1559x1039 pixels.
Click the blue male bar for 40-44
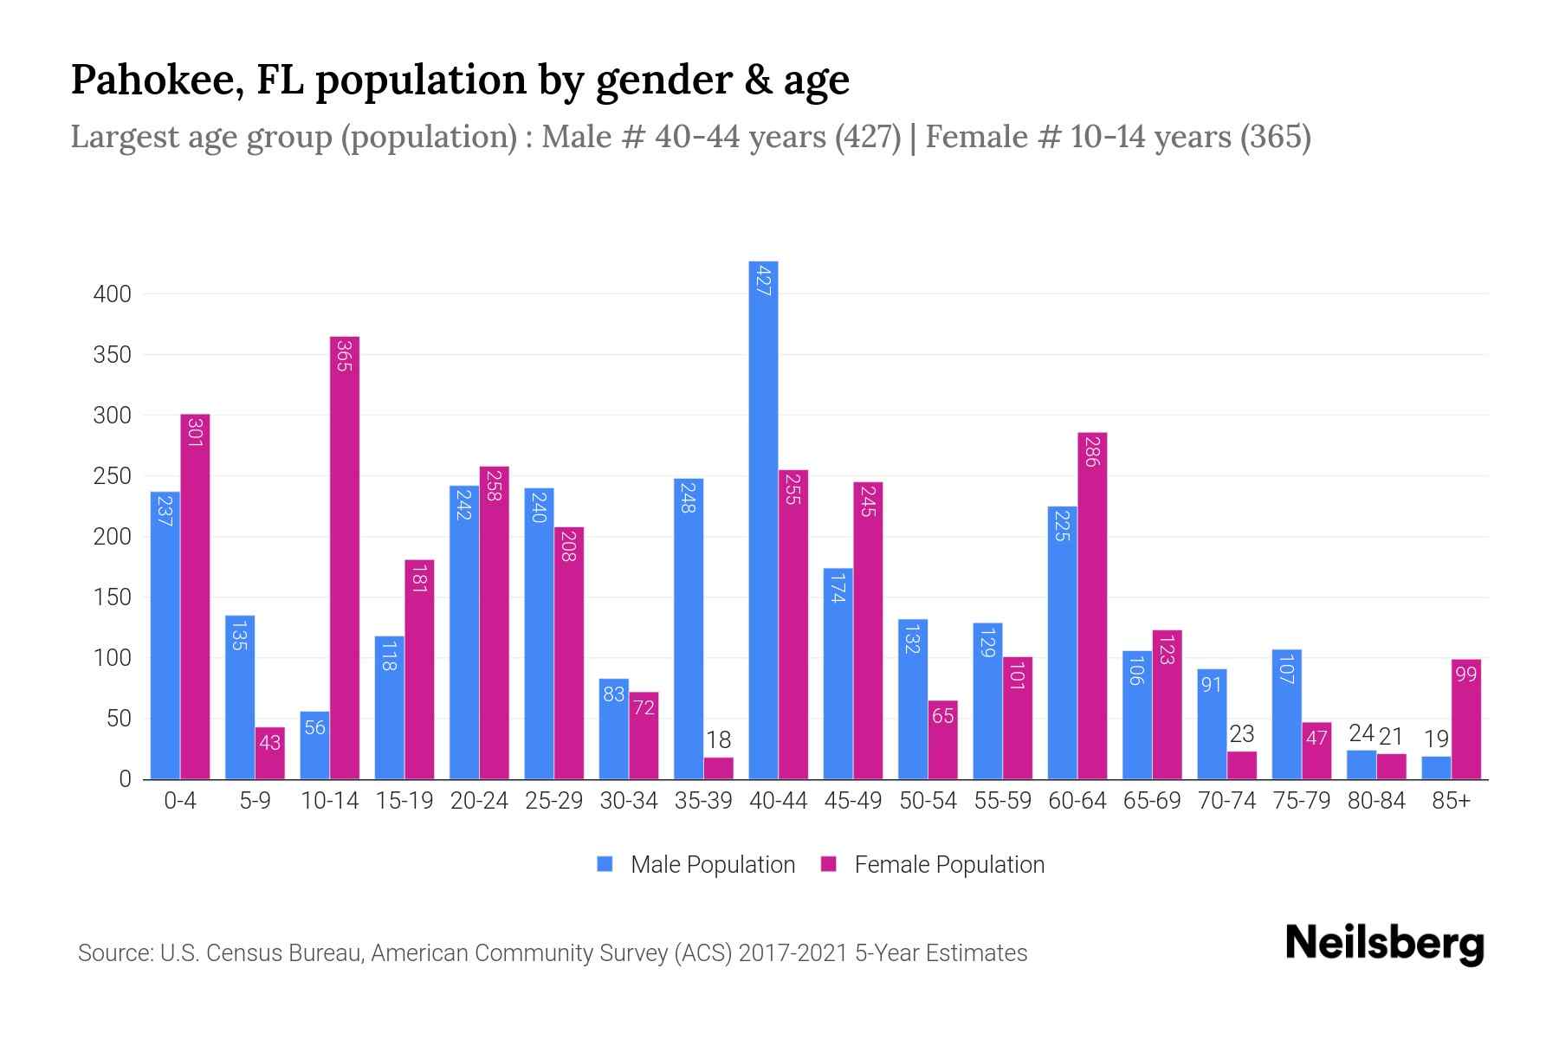763,519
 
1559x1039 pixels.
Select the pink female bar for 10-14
345,558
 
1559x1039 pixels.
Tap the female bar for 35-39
718,769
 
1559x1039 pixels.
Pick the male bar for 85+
1436,768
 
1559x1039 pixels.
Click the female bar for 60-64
1092,606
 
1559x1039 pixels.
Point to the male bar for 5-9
240,697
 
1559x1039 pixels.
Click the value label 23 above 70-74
1241,734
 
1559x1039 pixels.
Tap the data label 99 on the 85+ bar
1465,674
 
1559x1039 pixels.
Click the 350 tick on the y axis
112,355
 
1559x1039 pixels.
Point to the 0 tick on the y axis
125,779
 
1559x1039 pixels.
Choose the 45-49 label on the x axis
852,801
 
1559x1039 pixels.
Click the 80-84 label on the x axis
1376,801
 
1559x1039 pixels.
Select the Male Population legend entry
712,865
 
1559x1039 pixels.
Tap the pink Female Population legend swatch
829,864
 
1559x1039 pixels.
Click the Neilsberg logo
1384,944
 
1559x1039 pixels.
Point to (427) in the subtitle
868,137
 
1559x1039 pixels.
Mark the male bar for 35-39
689,629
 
